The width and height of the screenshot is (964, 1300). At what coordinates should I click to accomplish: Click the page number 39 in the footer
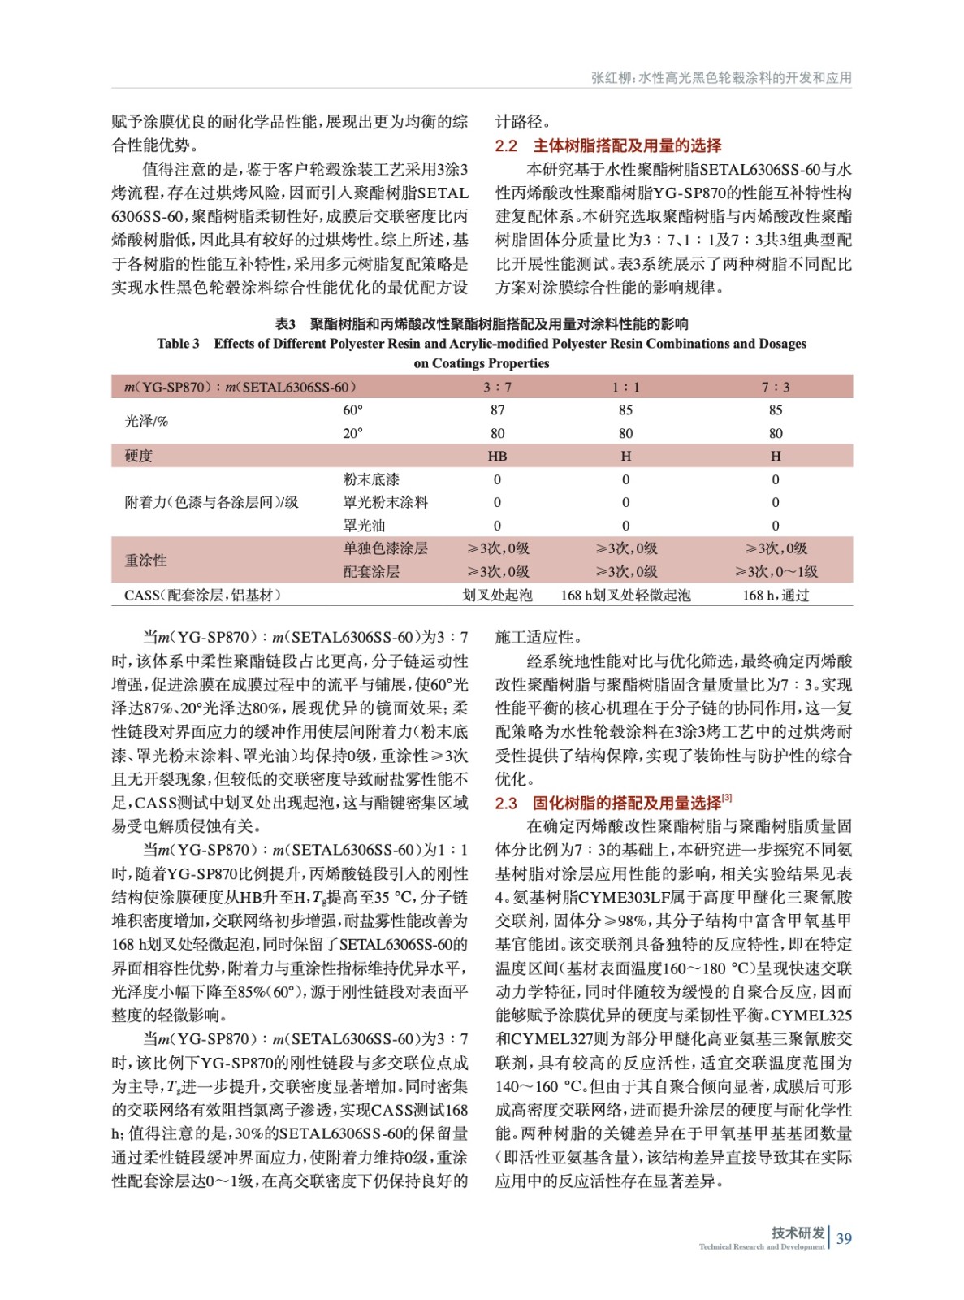pos(844,1238)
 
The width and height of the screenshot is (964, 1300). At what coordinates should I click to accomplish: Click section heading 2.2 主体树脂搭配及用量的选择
pos(608,145)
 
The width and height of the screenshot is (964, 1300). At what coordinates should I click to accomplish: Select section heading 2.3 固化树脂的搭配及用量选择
pos(608,803)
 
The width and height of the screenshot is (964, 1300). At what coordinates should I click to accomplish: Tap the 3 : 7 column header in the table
pos(497,387)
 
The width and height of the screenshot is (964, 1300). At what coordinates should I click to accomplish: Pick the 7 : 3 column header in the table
pos(775,387)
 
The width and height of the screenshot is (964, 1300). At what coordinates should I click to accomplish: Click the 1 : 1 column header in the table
pos(625,387)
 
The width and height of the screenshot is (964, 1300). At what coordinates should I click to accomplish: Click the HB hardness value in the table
pos(497,456)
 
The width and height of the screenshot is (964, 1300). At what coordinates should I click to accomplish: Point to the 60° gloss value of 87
pos(497,410)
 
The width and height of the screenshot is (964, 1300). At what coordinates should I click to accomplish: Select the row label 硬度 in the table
pos(139,456)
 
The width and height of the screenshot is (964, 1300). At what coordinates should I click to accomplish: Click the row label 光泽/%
pos(146,421)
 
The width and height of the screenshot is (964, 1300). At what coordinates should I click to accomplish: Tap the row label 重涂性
pos(145,560)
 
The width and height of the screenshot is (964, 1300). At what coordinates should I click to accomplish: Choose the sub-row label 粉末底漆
pos(371,479)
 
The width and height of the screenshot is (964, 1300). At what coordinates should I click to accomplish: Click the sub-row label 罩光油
pos(364,526)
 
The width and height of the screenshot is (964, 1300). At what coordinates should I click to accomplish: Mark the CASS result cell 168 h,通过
pos(776,596)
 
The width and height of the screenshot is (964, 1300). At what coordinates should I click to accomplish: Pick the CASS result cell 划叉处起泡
pos(497,596)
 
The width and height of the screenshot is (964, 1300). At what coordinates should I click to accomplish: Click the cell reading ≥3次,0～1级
pos(776,572)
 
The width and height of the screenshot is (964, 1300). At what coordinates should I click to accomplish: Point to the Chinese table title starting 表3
pos(482,323)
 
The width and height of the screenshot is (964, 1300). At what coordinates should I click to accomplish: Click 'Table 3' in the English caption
pos(178,344)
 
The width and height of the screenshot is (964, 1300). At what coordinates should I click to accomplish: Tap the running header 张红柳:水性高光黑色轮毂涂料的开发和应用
pos(721,78)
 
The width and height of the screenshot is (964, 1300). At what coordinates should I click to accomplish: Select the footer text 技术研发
pos(798,1233)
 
